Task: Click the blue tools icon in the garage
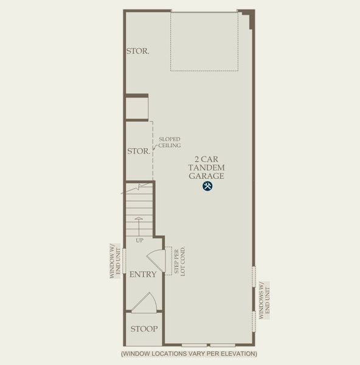[x=207, y=187]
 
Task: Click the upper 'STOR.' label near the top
[x=137, y=51]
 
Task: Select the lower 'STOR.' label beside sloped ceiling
[x=138, y=150]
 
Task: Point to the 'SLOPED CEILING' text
[x=170, y=142]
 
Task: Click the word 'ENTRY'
[x=143, y=274]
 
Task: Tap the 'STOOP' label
[x=144, y=329]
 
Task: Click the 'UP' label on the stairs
[x=140, y=240]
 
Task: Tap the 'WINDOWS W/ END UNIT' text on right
[x=263, y=301]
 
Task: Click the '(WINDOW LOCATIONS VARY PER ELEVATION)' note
[x=189, y=353]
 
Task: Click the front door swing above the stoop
[x=144, y=303]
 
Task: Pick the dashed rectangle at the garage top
[x=204, y=41]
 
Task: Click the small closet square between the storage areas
[x=137, y=108]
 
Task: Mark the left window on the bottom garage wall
[x=194, y=345]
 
